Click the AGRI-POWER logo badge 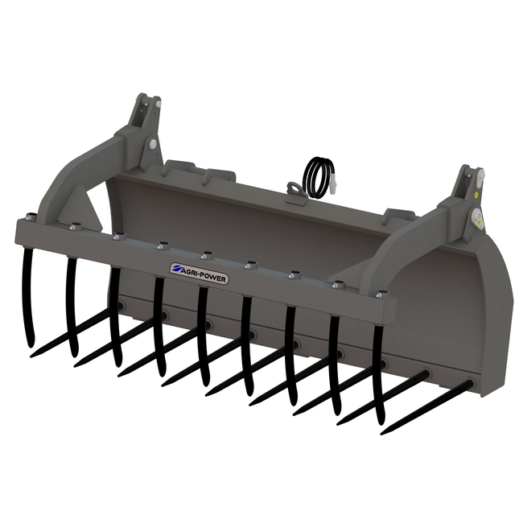[199, 274]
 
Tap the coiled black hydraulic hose [318, 178]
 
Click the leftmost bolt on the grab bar [29, 217]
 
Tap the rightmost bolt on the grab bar [380, 295]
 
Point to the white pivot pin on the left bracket [153, 144]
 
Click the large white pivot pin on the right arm [476, 216]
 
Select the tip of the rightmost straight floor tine [382, 434]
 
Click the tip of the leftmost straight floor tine [31, 356]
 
